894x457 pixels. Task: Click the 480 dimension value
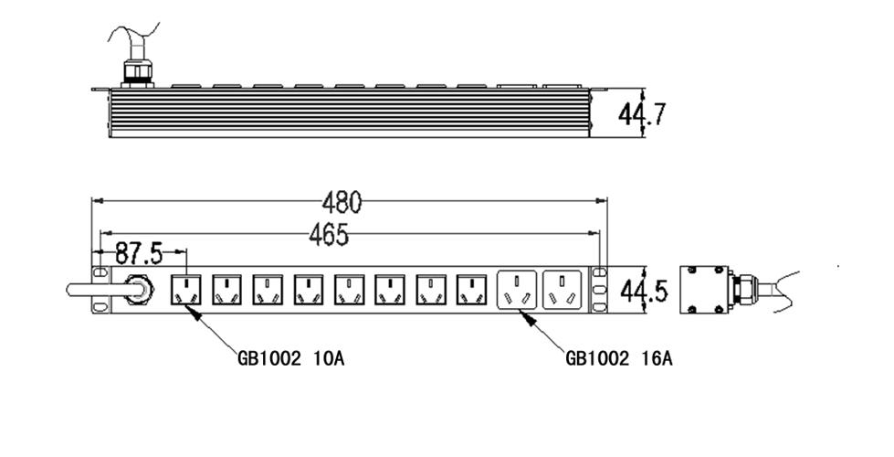coord(342,200)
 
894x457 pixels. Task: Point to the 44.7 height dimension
coord(642,114)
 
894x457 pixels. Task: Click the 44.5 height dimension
coord(644,292)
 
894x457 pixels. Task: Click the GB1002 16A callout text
coord(618,358)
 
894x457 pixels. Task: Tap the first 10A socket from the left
coord(186,291)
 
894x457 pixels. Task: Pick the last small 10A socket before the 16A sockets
coord(469,291)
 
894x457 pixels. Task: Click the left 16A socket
coord(517,291)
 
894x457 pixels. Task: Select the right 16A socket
coord(563,291)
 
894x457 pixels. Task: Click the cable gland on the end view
coord(744,289)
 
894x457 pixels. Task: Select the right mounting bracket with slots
coord(599,291)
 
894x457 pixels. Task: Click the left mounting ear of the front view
coord(100,291)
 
